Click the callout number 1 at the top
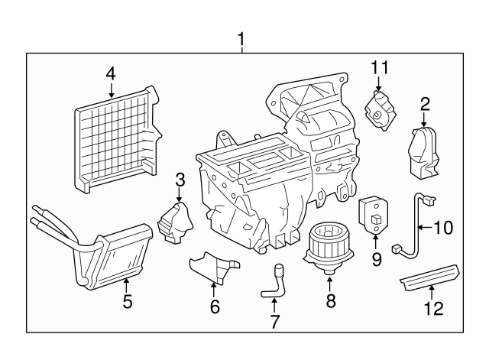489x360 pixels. click(241, 39)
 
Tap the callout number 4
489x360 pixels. click(111, 74)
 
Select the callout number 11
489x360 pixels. click(380, 68)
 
